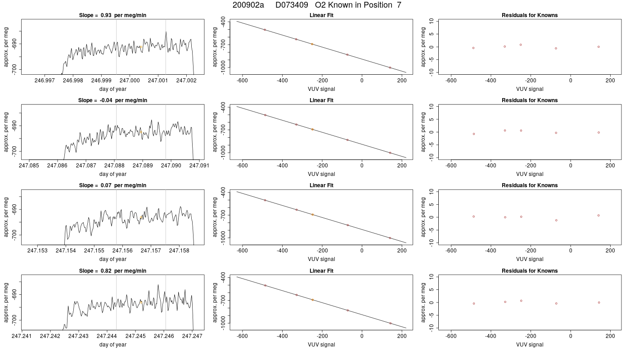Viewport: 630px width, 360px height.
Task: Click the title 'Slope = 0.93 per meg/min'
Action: click(x=112, y=15)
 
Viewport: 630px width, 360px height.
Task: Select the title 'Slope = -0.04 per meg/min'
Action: click(x=112, y=100)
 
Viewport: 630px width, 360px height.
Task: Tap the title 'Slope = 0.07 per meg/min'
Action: click(x=112, y=185)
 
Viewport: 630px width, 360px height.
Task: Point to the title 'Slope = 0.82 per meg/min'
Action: click(x=112, y=271)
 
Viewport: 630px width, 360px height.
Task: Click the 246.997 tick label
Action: click(x=45, y=81)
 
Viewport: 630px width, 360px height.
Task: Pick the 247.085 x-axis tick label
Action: click(x=29, y=166)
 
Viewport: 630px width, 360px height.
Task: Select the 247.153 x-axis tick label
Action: click(x=37, y=251)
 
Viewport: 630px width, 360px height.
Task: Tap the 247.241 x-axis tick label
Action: click(x=22, y=336)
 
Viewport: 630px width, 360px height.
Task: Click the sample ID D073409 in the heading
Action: click(x=292, y=5)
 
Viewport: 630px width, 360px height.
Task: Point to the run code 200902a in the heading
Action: click(x=248, y=5)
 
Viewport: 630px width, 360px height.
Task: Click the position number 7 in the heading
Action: click(x=399, y=5)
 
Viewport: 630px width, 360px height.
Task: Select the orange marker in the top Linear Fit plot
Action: click(x=312, y=44)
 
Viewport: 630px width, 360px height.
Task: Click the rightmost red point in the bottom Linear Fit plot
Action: click(x=391, y=324)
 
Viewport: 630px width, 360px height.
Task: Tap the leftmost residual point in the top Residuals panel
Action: click(x=473, y=48)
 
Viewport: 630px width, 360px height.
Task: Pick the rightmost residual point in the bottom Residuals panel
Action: click(x=599, y=302)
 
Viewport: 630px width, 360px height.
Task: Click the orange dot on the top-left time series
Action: click(x=141, y=47)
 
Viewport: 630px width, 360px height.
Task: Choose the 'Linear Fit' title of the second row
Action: click(x=321, y=100)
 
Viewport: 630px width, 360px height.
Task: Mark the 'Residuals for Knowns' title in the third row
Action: click(x=530, y=185)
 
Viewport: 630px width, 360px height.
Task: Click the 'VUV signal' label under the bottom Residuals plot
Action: click(x=530, y=345)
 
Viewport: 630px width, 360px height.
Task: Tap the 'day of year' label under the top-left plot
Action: click(x=113, y=89)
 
